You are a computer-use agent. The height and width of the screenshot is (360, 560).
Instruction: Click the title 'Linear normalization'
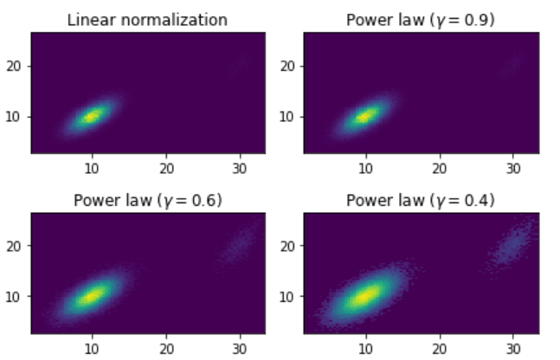coord(147,19)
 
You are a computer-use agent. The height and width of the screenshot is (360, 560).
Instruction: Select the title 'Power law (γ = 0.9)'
coord(421,19)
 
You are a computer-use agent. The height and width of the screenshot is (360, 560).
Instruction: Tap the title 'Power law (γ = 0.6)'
coord(147,200)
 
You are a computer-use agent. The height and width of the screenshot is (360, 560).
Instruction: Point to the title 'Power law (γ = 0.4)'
coord(421,200)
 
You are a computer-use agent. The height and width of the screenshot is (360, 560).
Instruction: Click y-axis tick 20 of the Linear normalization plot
coord(16,66)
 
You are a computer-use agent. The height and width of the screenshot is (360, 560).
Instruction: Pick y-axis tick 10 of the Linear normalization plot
coord(16,116)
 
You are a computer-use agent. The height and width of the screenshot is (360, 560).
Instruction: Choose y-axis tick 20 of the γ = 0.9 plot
coord(289,66)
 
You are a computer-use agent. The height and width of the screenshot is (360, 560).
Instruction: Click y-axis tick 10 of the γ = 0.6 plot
coord(16,296)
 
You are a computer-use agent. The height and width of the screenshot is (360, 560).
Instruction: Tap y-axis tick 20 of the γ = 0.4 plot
coord(289,246)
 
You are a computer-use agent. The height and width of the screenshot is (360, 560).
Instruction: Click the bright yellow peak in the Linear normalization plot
coord(92,115)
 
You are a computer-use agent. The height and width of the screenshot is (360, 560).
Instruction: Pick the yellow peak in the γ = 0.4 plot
coord(365,295)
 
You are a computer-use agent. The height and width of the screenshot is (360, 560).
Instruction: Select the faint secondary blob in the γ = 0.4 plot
coord(512,246)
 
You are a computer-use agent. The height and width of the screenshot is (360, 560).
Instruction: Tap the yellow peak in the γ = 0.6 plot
coord(92,295)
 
